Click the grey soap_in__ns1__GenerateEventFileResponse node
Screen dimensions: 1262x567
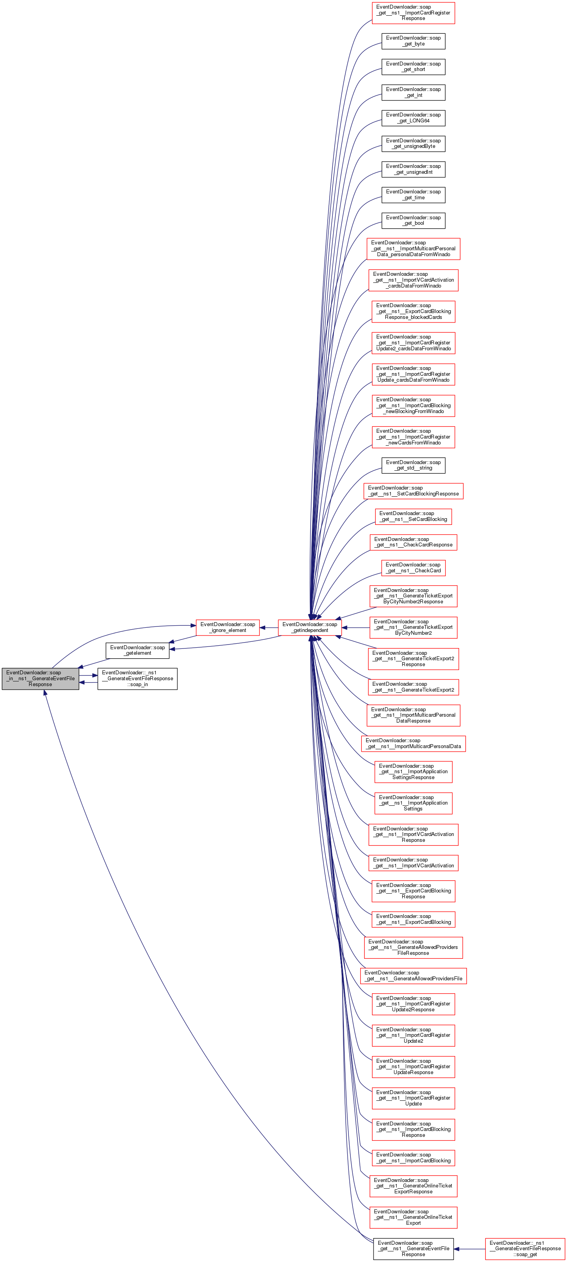click(x=40, y=679)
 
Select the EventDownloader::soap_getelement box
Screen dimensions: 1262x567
click(x=138, y=650)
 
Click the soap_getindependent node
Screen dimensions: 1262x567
click(x=310, y=627)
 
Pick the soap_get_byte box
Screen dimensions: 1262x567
click(x=413, y=41)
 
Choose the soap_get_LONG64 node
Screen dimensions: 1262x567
click(x=413, y=118)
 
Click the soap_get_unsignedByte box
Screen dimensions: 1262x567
click(x=413, y=144)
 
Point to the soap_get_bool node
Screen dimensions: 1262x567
click(x=413, y=220)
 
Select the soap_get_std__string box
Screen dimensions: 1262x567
click(x=413, y=465)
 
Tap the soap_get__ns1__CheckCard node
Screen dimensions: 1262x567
click(x=413, y=567)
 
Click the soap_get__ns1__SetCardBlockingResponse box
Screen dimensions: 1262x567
click(x=413, y=491)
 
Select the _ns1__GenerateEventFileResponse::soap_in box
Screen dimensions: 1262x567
click(x=137, y=679)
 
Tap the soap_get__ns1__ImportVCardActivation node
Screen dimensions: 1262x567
click(x=413, y=863)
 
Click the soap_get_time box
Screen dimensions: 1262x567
click(x=413, y=195)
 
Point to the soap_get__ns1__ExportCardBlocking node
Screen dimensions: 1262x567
click(x=413, y=919)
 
